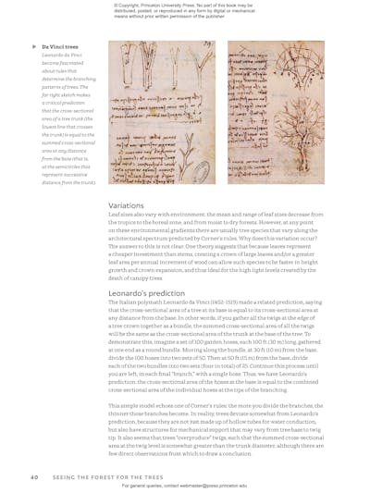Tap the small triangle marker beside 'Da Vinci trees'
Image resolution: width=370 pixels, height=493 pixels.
tap(34, 45)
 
